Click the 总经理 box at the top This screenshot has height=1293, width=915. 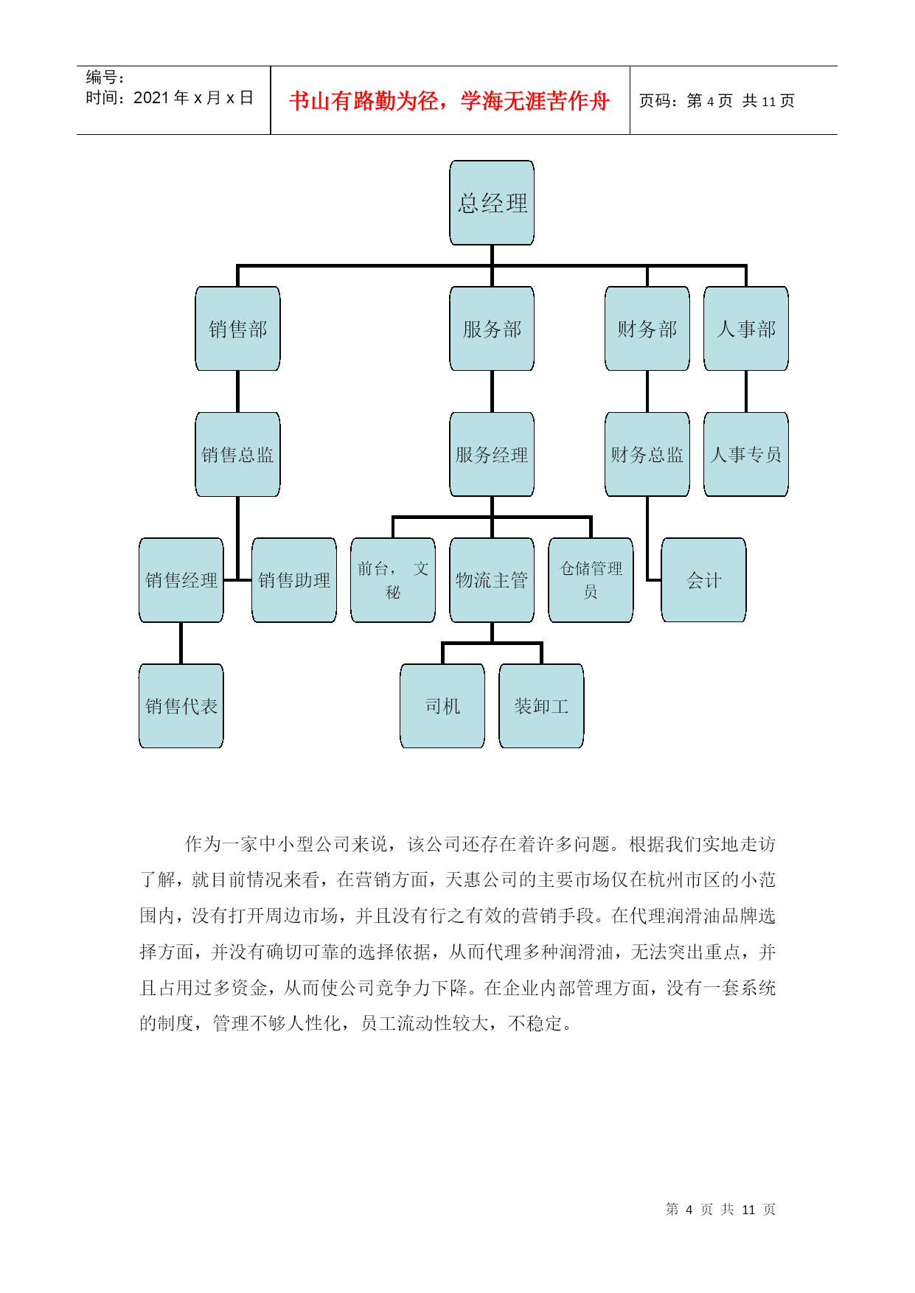[492, 203]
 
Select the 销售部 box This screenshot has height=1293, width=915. [237, 329]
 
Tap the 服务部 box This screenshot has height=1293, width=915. [492, 329]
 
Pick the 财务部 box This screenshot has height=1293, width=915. [647, 329]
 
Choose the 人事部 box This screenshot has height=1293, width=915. [746, 329]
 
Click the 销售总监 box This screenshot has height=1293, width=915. [237, 454]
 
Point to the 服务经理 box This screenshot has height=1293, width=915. [492, 454]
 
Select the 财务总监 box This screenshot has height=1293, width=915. [647, 454]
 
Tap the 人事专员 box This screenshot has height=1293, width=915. [746, 454]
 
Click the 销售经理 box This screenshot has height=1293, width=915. [181, 580]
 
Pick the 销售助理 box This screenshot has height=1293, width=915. [294, 580]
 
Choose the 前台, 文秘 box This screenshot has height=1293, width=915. [393, 580]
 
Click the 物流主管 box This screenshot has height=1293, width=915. [492, 580]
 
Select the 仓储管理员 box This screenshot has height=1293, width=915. [591, 580]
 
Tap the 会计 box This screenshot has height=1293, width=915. [703, 580]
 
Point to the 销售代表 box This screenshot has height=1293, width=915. [181, 706]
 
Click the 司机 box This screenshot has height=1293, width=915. [442, 706]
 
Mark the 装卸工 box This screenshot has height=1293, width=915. [541, 706]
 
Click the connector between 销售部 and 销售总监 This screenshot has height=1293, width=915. [237, 391]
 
